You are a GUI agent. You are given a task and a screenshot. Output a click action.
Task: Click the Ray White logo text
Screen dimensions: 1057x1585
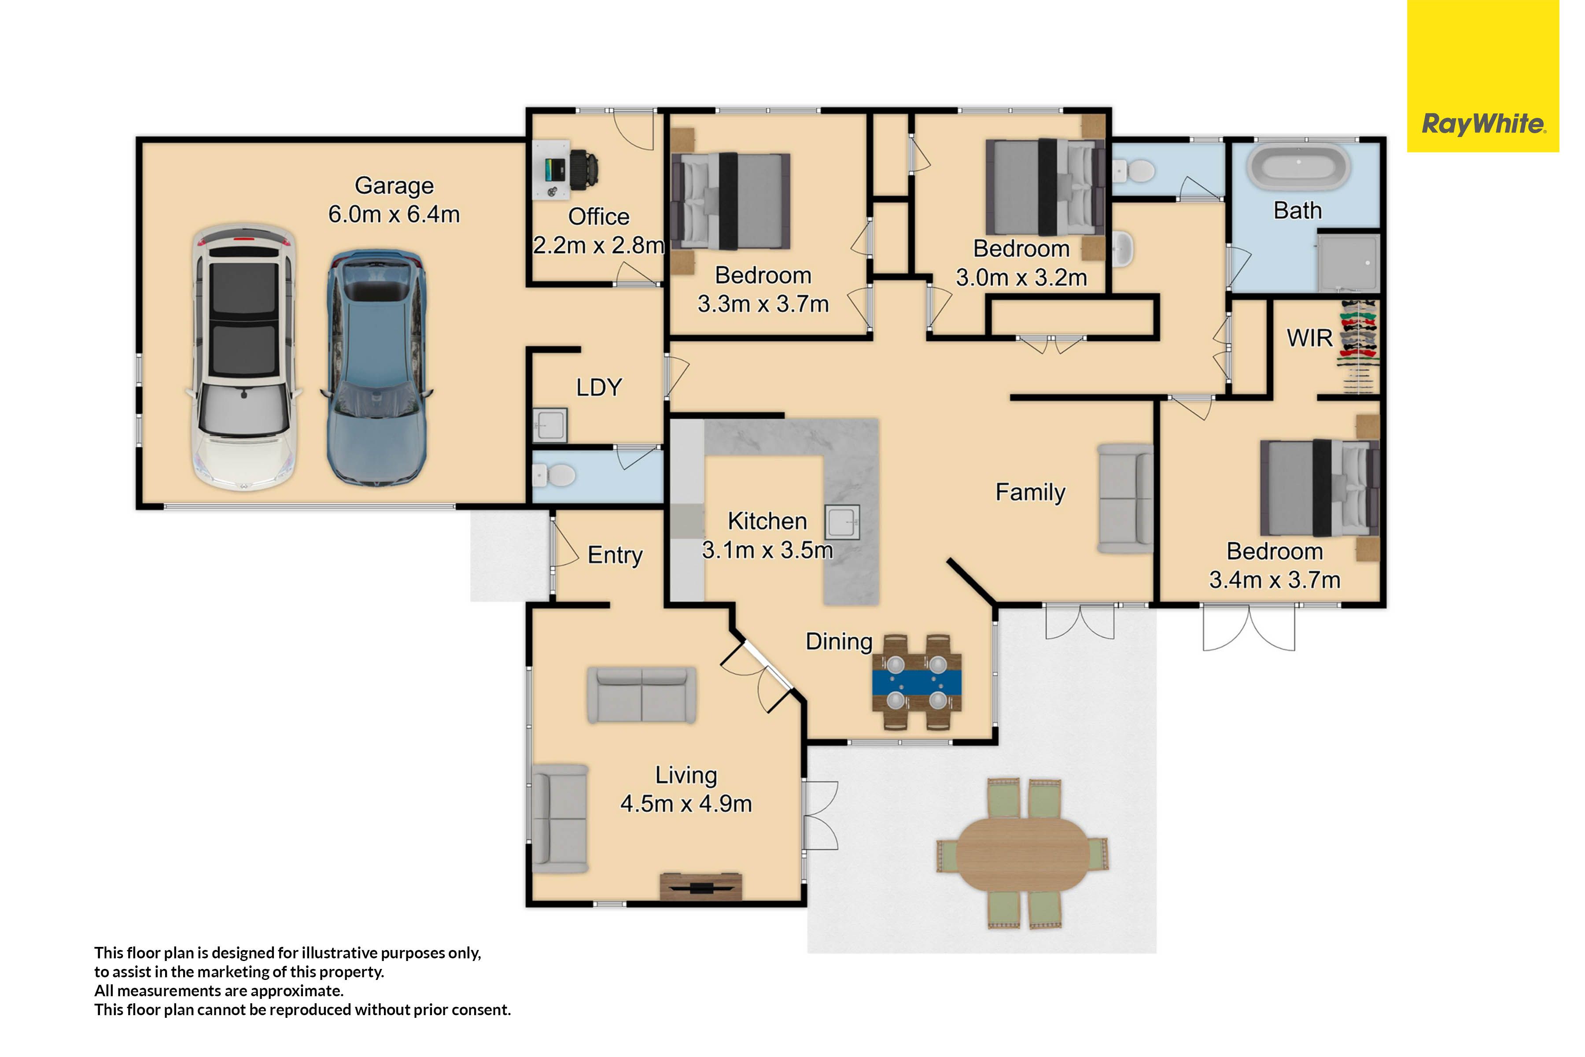(1482, 124)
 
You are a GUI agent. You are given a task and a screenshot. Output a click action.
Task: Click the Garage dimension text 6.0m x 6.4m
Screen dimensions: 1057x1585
(394, 214)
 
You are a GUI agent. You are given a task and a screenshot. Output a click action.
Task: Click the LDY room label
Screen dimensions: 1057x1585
(598, 388)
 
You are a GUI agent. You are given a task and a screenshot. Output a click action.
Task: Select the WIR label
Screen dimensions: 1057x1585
(1309, 338)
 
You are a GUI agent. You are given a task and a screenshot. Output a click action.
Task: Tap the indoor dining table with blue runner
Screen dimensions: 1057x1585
(917, 682)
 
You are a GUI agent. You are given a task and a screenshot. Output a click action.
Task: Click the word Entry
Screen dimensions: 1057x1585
(615, 555)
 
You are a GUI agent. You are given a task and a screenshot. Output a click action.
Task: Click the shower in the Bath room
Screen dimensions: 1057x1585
(1348, 263)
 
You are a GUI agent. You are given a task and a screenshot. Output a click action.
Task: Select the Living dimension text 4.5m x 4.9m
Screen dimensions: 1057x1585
(686, 803)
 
